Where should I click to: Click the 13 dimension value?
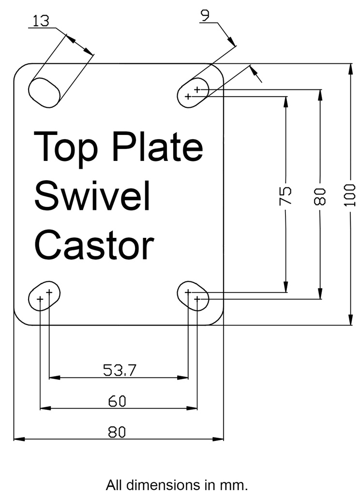point(42,21)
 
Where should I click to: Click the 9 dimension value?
point(205,15)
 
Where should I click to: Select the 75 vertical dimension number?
point(286,195)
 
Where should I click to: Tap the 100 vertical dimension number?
point(351,195)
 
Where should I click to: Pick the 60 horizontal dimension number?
point(117,401)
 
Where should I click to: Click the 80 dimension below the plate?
point(117,432)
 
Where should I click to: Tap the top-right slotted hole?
point(193,92)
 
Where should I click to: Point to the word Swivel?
point(92,196)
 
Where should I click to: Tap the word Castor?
point(95,244)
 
